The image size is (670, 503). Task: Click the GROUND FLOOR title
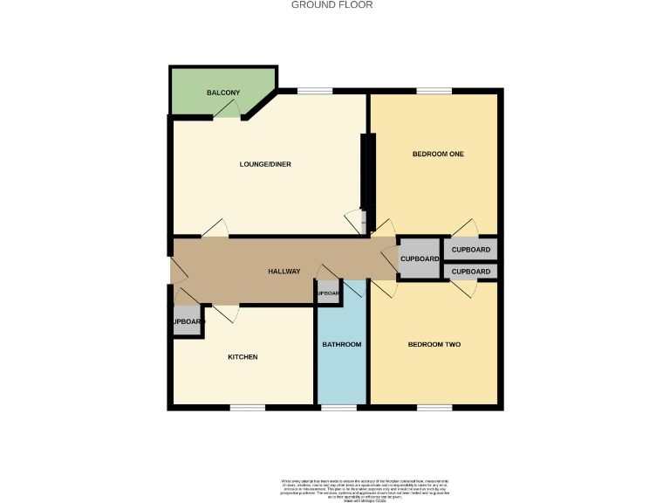coord(332,5)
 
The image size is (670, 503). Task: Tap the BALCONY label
coord(223,93)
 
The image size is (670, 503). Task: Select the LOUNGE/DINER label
coord(266,164)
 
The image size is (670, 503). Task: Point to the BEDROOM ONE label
coord(438,155)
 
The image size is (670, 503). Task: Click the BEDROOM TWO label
coord(434,344)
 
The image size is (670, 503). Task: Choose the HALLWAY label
coord(284,272)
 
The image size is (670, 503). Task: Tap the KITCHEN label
coord(243,357)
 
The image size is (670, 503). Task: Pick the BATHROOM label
coord(342,344)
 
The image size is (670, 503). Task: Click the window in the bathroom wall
coord(338,407)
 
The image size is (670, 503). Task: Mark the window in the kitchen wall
coord(247,407)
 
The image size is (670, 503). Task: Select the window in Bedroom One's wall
coord(434,90)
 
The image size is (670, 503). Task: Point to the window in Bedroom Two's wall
coord(434,407)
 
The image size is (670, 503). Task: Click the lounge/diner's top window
coord(314,90)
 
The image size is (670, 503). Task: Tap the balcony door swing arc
coord(229,108)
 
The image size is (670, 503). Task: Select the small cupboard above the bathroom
coord(328,293)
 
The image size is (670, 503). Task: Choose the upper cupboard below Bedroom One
coord(471,250)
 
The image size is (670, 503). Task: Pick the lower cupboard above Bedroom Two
coord(471,272)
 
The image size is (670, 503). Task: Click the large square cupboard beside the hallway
coord(420,259)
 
